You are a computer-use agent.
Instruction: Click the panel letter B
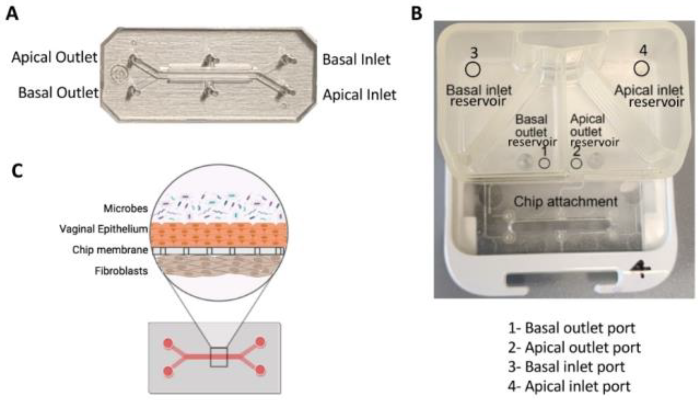(x=417, y=13)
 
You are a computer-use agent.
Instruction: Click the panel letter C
(x=17, y=170)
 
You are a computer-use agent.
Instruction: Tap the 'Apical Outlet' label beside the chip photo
(x=55, y=57)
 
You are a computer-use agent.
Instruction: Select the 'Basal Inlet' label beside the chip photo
(x=356, y=59)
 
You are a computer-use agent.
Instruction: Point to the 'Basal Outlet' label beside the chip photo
(x=58, y=93)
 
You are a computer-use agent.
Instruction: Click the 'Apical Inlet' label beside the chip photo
(x=359, y=95)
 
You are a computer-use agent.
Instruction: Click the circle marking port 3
(x=473, y=69)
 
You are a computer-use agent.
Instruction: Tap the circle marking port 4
(x=641, y=69)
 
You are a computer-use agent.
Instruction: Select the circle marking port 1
(x=544, y=163)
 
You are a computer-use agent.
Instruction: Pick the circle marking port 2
(x=576, y=163)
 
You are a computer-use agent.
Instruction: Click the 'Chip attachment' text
(x=566, y=201)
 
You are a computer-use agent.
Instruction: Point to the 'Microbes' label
(x=126, y=209)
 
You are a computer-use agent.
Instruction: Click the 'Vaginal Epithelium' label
(x=104, y=229)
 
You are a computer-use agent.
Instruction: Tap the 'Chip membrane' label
(x=110, y=250)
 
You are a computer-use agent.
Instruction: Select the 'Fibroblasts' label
(x=121, y=271)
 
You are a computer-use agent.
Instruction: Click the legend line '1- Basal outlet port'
(x=571, y=328)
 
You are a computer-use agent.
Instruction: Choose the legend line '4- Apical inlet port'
(x=569, y=386)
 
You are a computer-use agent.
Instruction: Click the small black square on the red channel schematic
(x=219, y=357)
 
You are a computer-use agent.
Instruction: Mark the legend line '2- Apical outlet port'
(x=574, y=347)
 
